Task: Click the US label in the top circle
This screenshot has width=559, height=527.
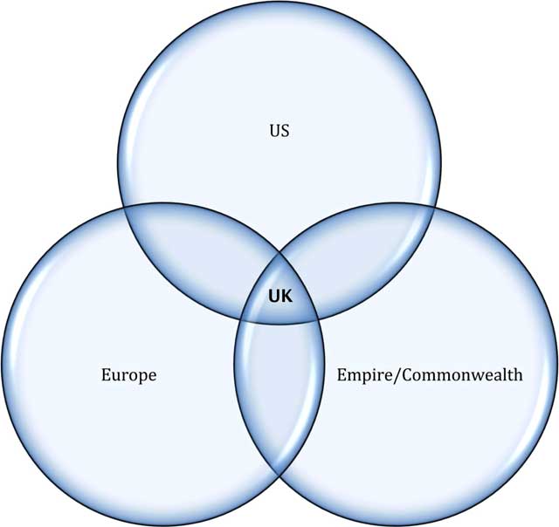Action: click(x=279, y=132)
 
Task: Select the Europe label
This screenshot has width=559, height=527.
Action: click(x=128, y=375)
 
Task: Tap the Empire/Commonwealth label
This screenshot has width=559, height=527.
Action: click(x=430, y=375)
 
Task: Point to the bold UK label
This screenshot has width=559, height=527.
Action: click(x=279, y=297)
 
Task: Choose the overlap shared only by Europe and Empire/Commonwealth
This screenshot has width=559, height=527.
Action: click(x=279, y=384)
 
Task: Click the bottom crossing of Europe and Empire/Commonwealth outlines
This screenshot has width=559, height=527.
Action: click(x=279, y=475)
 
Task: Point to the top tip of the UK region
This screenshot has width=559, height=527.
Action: click(x=279, y=253)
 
